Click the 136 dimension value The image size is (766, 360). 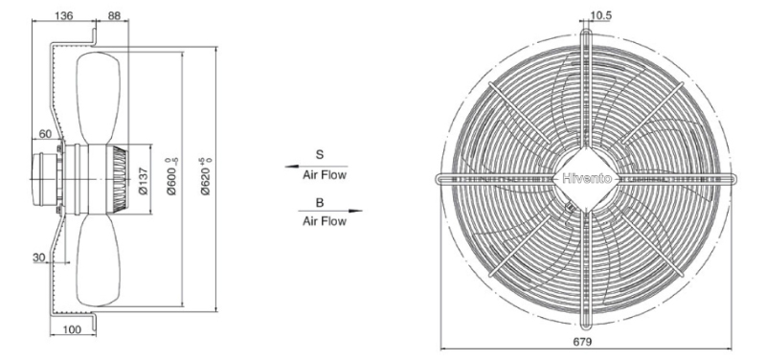click(63, 15)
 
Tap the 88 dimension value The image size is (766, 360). click(113, 15)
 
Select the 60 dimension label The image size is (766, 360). click(45, 134)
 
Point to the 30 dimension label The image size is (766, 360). click(39, 258)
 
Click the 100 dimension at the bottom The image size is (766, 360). click(72, 329)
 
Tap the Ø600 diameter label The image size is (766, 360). click(172, 177)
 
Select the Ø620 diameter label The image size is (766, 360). click(207, 177)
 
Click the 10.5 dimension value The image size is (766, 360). click(600, 15)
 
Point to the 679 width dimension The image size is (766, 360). click(582, 342)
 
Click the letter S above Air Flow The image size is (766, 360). click(320, 155)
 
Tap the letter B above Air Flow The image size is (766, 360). click(320, 203)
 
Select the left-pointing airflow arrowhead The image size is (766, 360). click(292, 167)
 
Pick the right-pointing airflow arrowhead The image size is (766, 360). click(355, 211)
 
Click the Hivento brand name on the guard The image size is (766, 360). click(587, 179)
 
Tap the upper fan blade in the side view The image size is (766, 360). click(99, 98)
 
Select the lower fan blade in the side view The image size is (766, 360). click(99, 261)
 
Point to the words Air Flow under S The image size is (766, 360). click(325, 175)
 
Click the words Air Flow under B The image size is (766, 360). click(325, 221)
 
